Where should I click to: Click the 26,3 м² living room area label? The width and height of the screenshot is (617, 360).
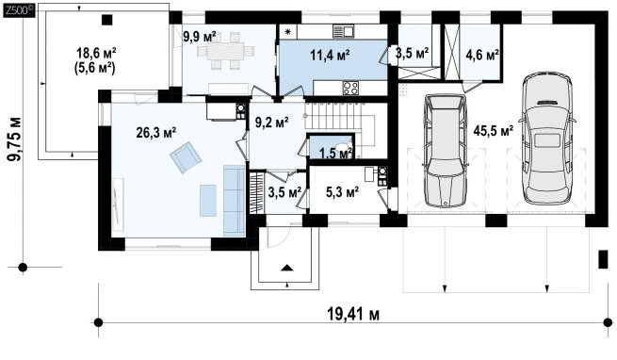click(155, 133)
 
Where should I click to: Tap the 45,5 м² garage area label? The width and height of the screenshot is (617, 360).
click(493, 131)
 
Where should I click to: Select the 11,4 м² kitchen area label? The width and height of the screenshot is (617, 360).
click(330, 56)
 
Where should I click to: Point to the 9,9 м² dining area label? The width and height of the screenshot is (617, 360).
click(200, 37)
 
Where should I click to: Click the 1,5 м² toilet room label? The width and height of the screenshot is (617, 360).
click(335, 153)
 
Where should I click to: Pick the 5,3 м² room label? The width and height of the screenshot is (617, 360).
click(342, 192)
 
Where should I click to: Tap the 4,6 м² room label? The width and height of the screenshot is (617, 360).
click(482, 56)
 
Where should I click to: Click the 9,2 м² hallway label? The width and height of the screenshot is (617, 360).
click(272, 123)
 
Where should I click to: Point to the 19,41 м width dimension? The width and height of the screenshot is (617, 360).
click(353, 315)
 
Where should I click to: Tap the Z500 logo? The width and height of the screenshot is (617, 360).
click(19, 10)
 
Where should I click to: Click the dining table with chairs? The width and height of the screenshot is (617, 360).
click(225, 51)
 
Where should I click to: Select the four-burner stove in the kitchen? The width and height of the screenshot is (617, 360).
click(350, 88)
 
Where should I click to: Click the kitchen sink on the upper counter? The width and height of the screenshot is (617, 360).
click(344, 31)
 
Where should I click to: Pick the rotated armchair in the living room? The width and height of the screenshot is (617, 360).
click(186, 157)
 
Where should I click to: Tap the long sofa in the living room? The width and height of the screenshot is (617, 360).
click(235, 201)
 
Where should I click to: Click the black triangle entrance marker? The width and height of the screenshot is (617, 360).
click(287, 269)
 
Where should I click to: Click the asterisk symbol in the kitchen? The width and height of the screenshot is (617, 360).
click(287, 32)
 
